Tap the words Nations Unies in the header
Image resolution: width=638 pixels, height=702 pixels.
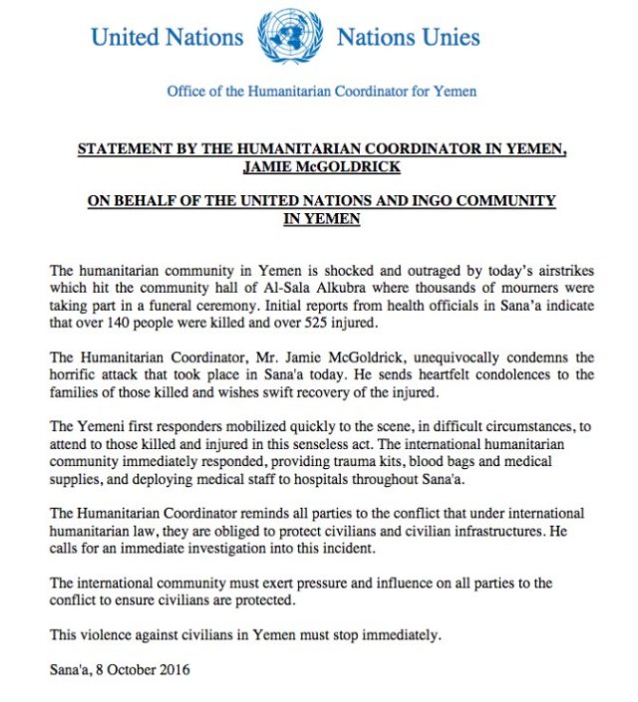click(408, 39)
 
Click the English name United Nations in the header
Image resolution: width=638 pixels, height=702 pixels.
click(166, 39)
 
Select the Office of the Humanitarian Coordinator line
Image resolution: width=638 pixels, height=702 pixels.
click(321, 92)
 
